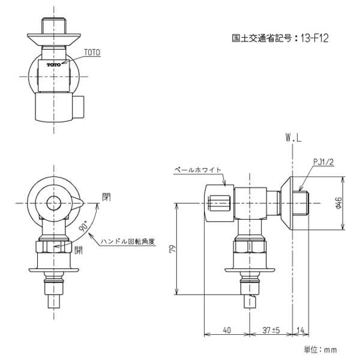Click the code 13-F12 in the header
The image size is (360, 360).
tap(314, 38)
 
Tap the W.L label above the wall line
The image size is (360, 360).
tap(293, 138)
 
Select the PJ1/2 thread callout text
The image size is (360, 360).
tap(323, 162)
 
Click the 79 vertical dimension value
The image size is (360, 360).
tap(173, 249)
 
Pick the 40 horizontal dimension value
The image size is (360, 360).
tap(227, 330)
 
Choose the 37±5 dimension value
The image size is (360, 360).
tap(271, 330)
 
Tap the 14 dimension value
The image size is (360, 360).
tap(301, 330)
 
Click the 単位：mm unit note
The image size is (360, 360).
tap(320, 350)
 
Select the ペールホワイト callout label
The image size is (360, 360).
tap(197, 170)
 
